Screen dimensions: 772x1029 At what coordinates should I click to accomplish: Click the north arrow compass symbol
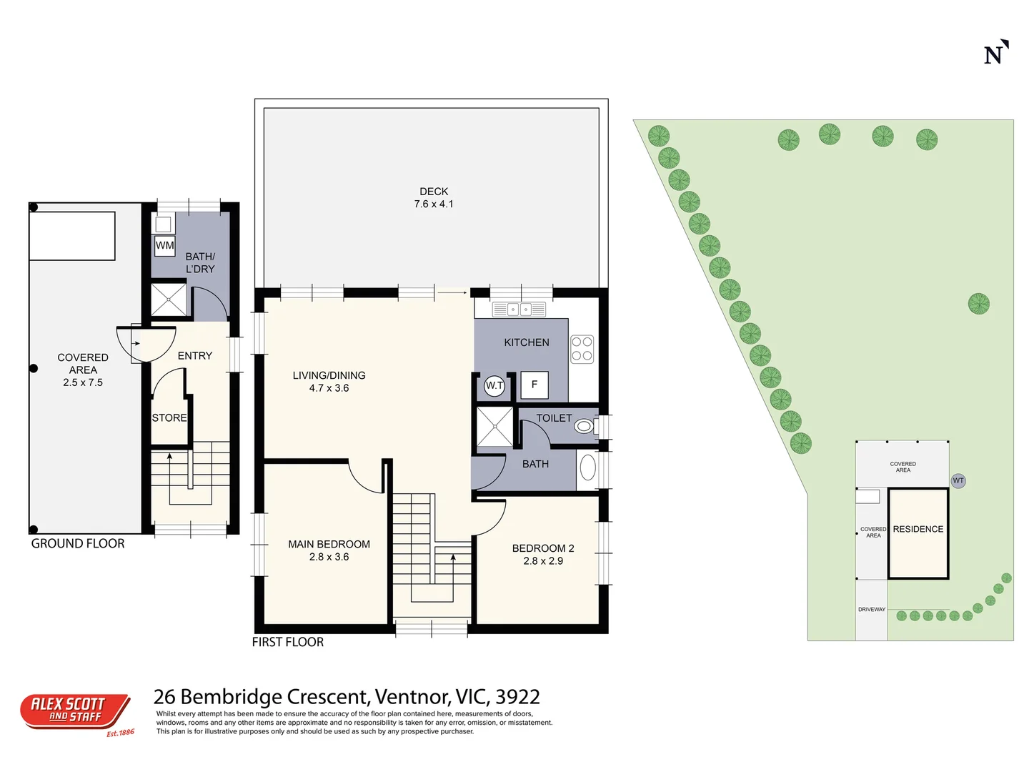995,53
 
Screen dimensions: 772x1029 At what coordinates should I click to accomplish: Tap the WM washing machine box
165,245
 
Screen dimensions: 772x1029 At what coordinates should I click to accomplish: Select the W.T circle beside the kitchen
494,385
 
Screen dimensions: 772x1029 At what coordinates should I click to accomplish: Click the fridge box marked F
534,385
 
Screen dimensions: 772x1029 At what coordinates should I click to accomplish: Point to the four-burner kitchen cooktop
582,349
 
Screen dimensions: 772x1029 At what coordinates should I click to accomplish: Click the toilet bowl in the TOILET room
585,427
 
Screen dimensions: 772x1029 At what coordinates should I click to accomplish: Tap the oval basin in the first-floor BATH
587,467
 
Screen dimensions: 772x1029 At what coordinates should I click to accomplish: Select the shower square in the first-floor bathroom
494,427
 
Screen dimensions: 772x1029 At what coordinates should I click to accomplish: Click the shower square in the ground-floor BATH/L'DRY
168,300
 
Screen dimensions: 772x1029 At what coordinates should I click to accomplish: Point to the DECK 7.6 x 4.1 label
434,198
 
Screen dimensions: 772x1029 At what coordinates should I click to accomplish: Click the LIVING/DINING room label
329,382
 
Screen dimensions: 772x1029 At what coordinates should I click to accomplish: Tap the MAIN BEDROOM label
329,550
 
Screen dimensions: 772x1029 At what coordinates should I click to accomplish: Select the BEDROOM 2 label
543,555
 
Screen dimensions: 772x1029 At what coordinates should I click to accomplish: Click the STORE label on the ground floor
169,418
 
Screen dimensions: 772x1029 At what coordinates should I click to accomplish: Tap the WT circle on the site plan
958,481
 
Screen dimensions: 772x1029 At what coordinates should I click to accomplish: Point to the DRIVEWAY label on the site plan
871,610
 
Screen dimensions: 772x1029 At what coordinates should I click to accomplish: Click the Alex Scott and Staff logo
75,712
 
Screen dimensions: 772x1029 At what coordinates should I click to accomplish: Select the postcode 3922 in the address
517,697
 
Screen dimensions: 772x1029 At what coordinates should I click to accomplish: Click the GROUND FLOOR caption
78,544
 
